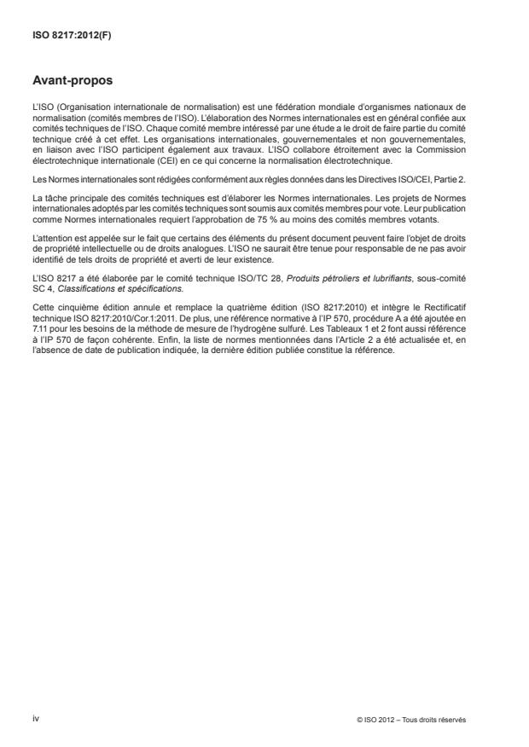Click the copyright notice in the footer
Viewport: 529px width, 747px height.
tap(412, 720)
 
